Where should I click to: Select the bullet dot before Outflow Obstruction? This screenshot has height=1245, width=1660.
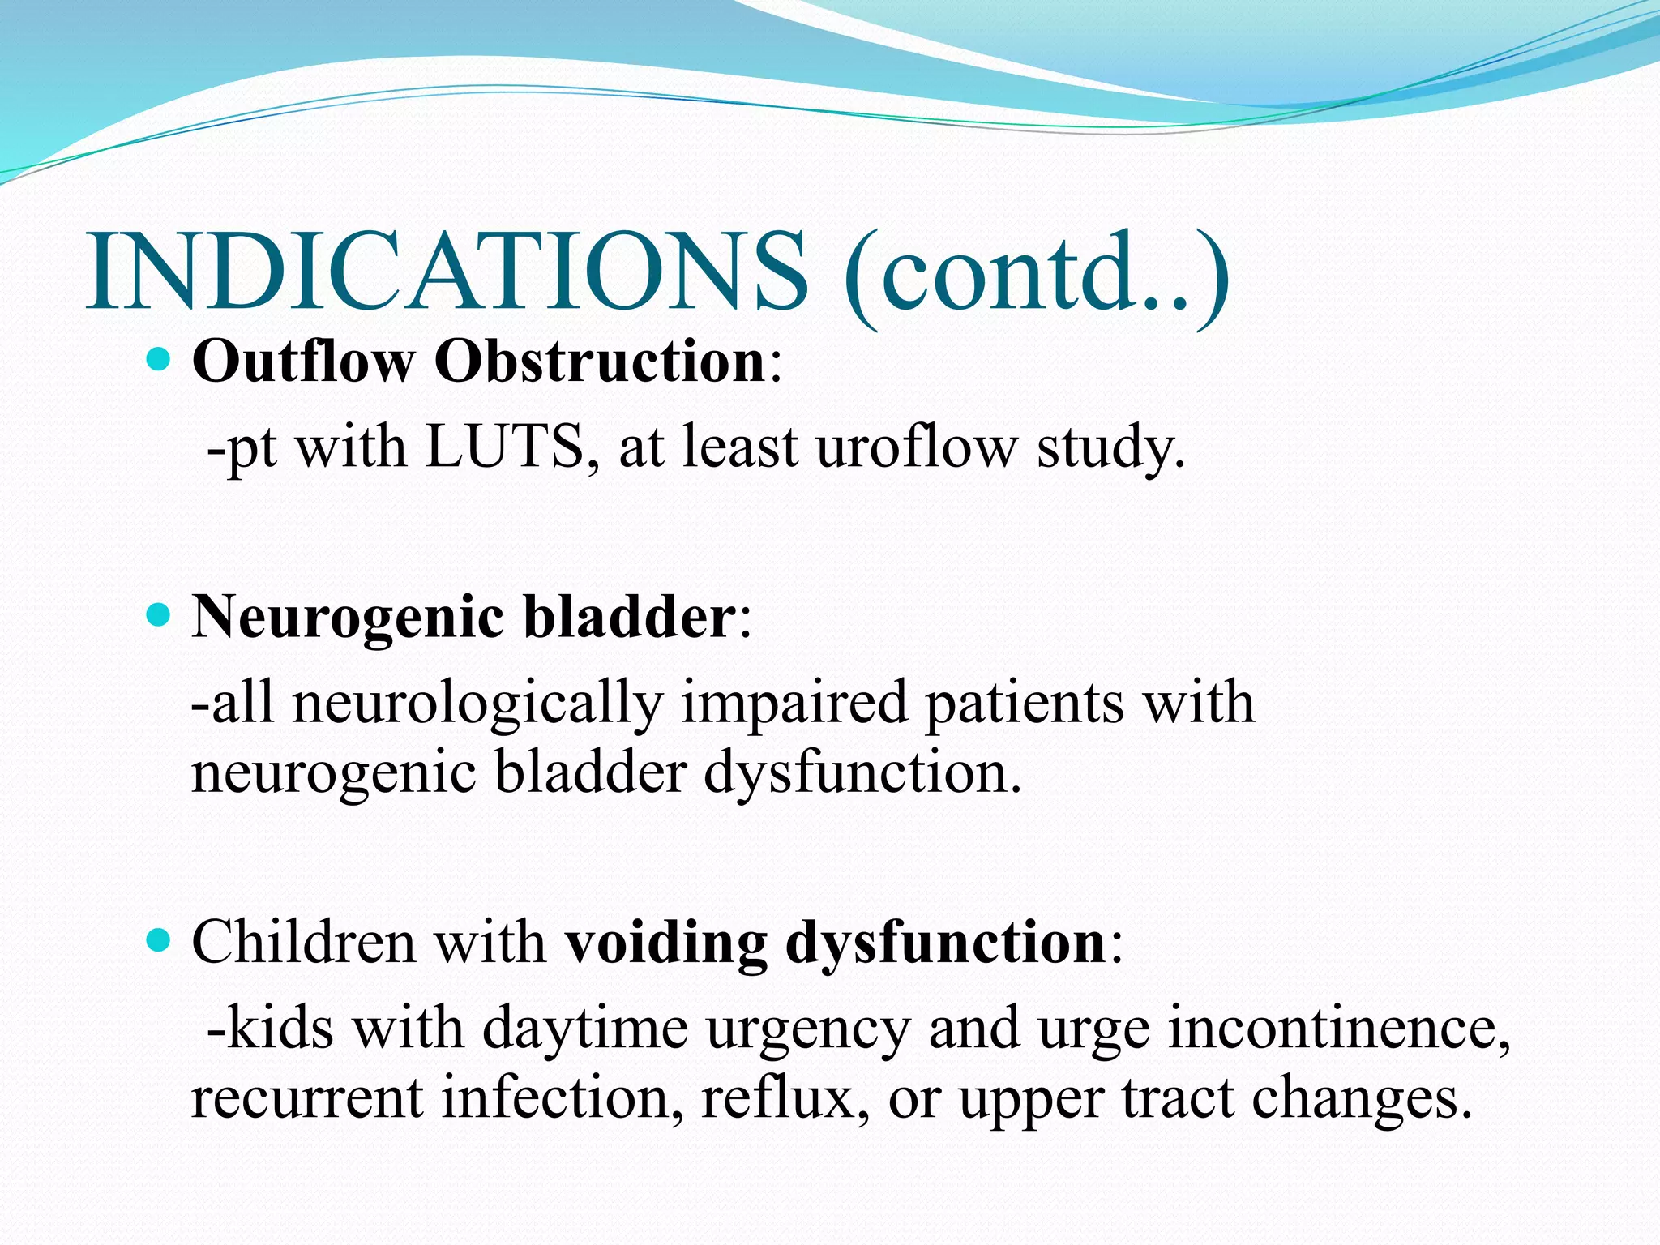click(x=160, y=358)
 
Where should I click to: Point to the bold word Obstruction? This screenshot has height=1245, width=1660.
click(x=600, y=361)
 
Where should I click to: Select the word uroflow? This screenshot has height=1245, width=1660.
click(x=915, y=447)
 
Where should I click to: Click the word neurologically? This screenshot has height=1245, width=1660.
click(x=477, y=704)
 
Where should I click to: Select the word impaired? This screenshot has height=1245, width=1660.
click(x=794, y=704)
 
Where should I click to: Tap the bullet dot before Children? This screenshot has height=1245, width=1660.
click(x=160, y=940)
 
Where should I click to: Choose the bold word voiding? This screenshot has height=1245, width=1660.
click(x=665, y=943)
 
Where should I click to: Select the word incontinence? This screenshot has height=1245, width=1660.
click(x=1338, y=1028)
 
